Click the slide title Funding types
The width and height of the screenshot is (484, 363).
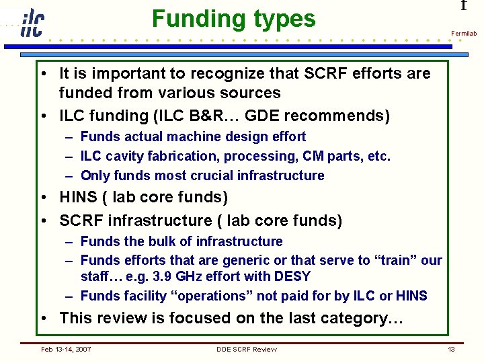[x=233, y=19]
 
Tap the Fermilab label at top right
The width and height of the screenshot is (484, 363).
[x=464, y=33]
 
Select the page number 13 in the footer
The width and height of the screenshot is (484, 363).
[x=452, y=349]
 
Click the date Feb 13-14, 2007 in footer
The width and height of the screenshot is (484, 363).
[x=66, y=349]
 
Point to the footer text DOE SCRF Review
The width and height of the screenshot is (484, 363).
[x=246, y=349]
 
